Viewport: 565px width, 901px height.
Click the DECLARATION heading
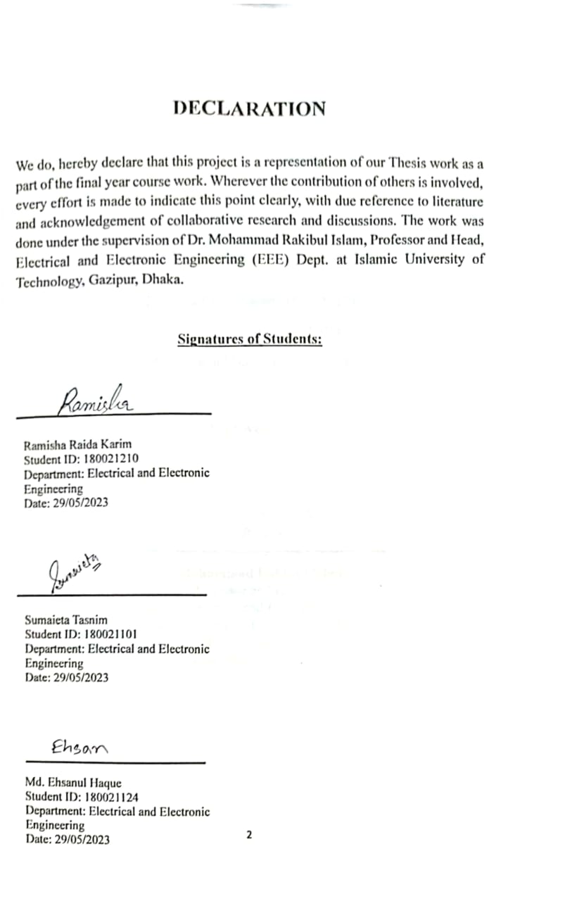click(249, 108)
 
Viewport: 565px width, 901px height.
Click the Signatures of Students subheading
click(250, 339)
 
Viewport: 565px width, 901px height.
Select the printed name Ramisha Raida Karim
click(77, 445)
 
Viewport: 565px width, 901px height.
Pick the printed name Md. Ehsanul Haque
click(73, 783)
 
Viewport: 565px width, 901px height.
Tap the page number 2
click(249, 835)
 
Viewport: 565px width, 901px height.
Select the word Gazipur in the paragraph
click(114, 280)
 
